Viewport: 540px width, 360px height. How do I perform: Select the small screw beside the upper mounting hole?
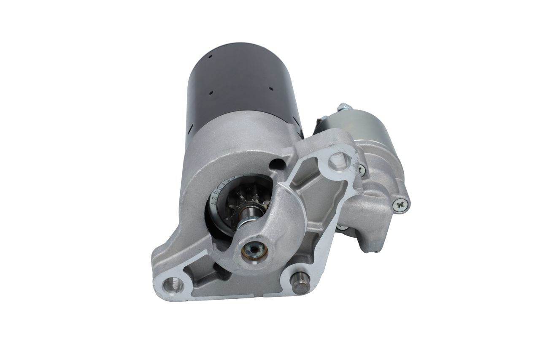pyautogui.click(x=362, y=170)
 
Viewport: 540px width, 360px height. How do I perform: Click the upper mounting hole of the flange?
pyautogui.click(x=339, y=160)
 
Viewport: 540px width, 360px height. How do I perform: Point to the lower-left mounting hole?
pyautogui.click(x=173, y=285)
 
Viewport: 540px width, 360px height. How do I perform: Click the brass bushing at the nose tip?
pyautogui.click(x=254, y=250)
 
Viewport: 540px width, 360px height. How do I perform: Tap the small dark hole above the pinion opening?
pyautogui.click(x=276, y=164)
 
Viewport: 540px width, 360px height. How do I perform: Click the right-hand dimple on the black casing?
pyautogui.click(x=270, y=89)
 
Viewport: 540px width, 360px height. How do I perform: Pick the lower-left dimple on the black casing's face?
pyautogui.click(x=211, y=93)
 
